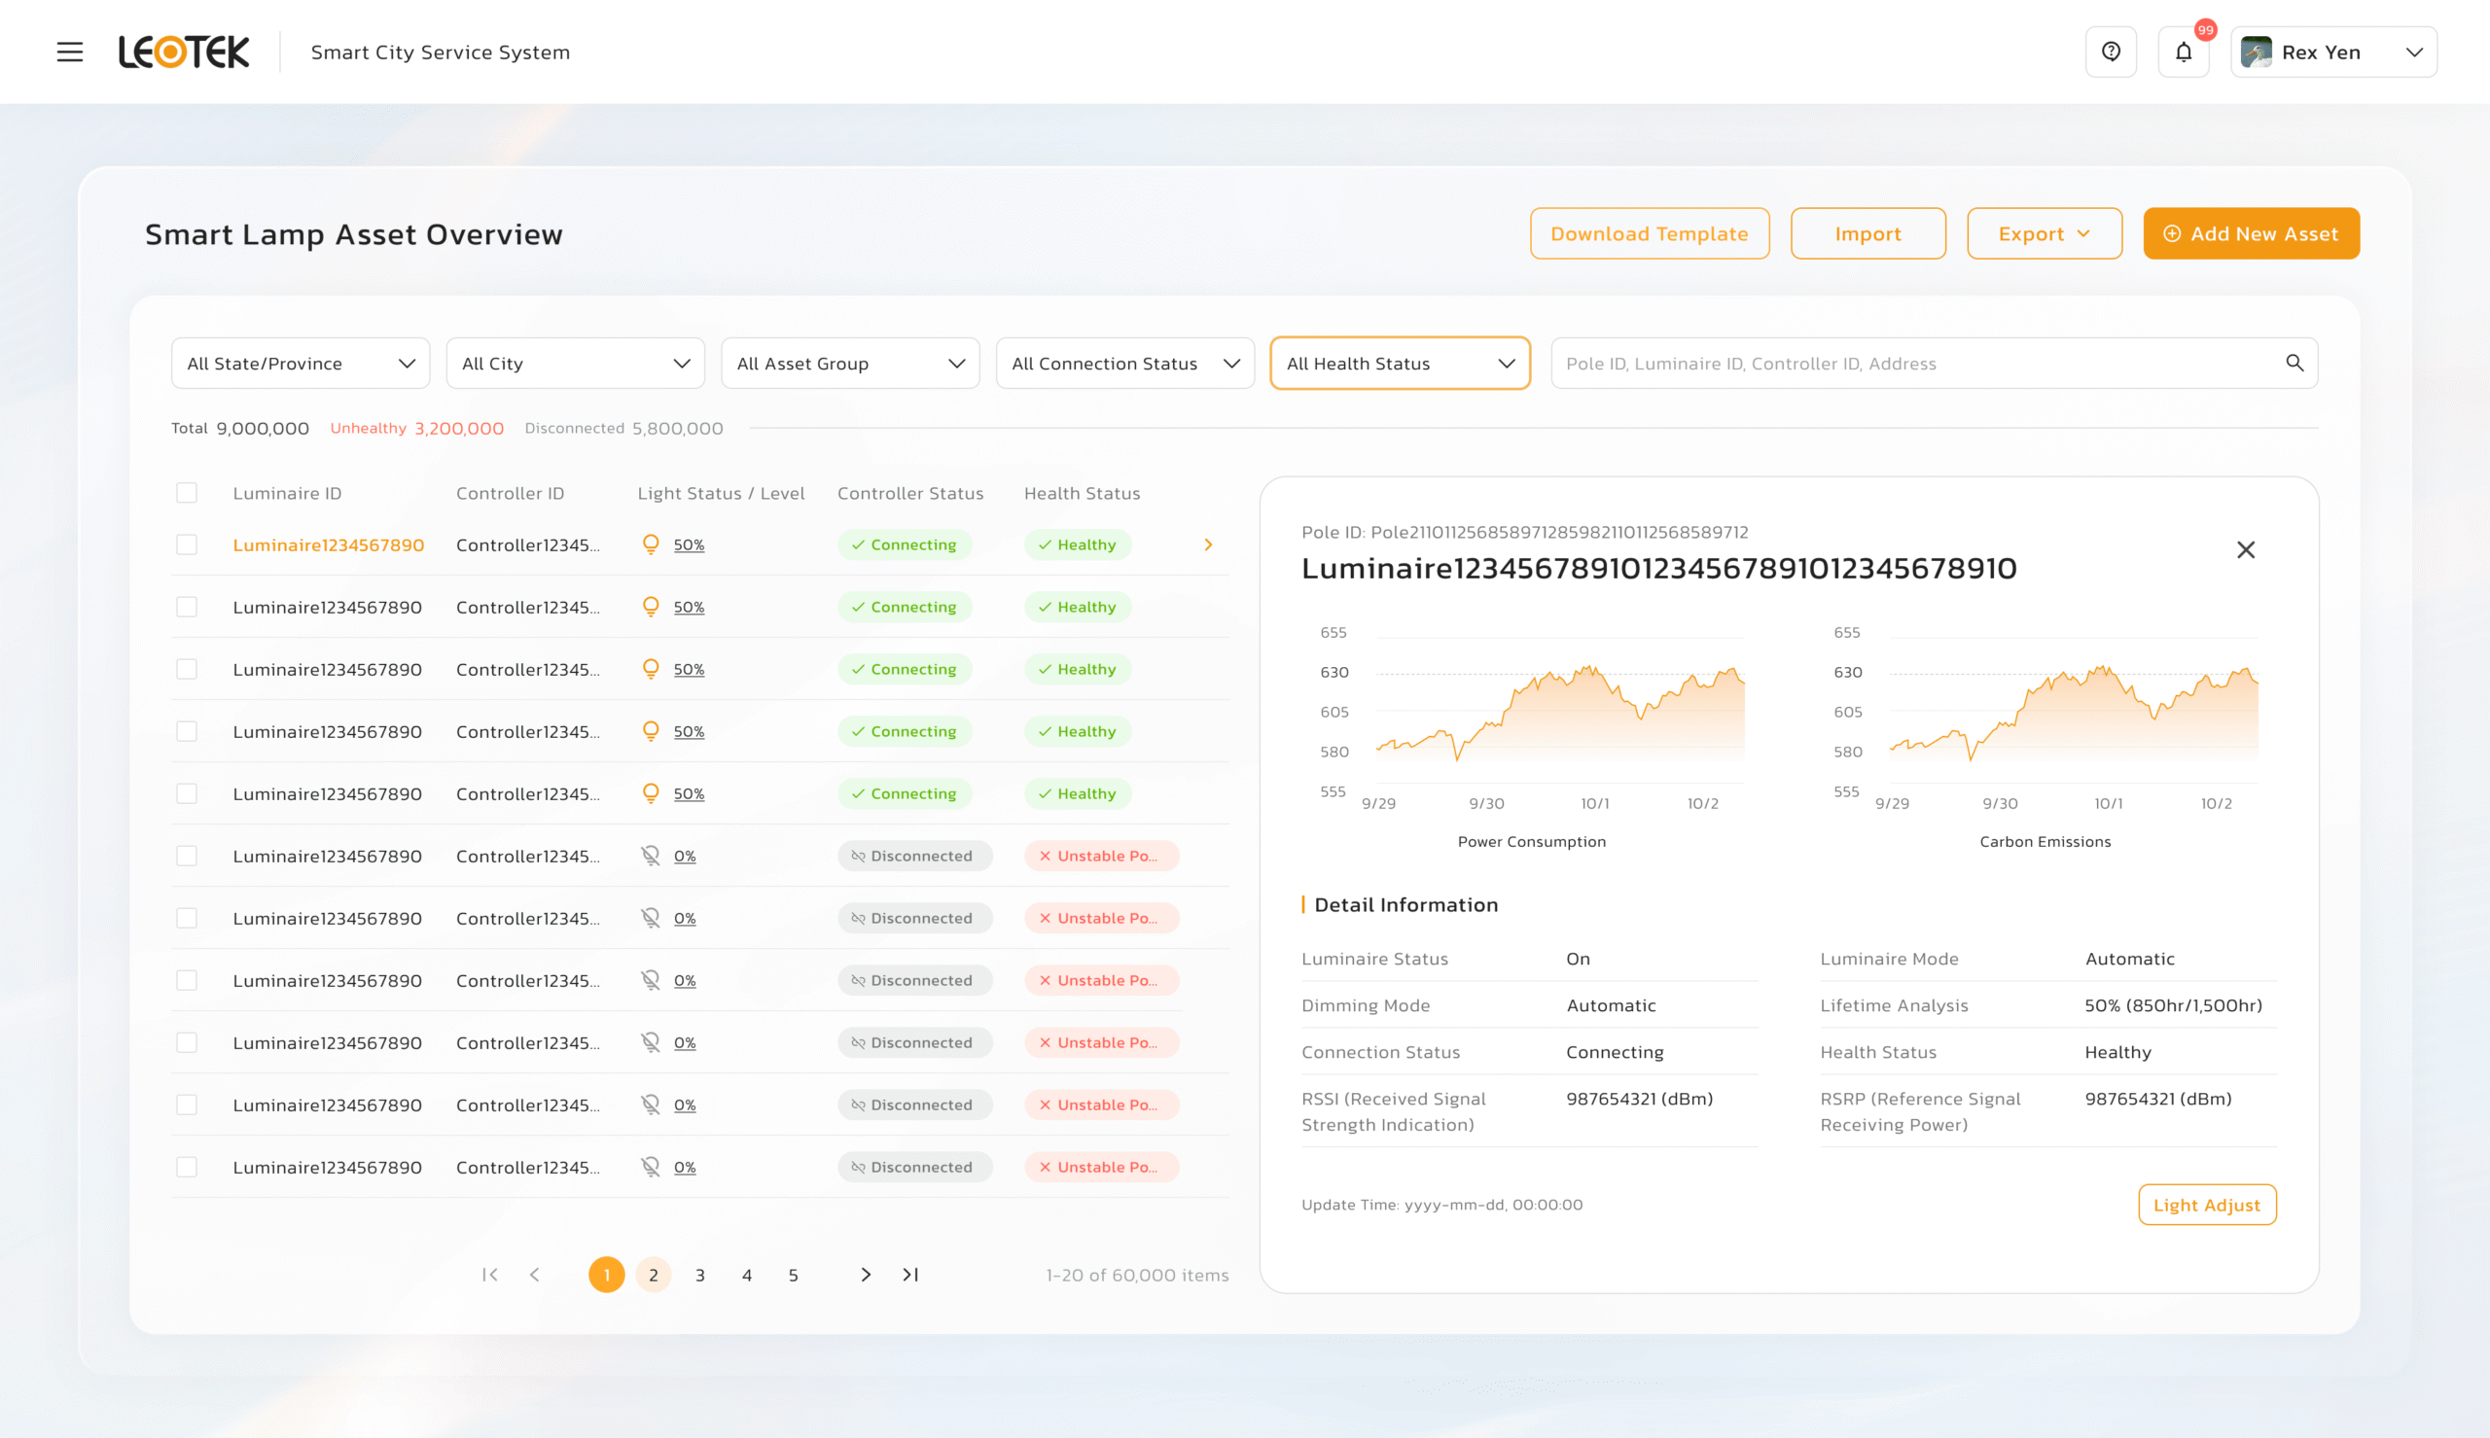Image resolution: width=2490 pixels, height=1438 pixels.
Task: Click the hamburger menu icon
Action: [69, 53]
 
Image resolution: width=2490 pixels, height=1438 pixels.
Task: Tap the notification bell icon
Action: [2183, 53]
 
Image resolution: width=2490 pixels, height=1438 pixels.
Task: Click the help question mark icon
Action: [2111, 53]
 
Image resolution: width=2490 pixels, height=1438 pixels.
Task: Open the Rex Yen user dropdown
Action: [2333, 53]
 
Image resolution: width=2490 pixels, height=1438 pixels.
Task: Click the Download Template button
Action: [1649, 234]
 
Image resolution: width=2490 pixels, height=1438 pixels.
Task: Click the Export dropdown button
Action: [2044, 234]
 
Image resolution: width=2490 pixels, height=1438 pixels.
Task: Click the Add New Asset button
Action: [2250, 234]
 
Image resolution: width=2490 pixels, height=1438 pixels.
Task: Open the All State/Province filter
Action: [301, 364]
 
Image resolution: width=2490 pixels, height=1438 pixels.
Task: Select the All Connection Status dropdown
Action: [1124, 364]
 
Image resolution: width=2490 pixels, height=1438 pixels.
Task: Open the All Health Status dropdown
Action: [1399, 364]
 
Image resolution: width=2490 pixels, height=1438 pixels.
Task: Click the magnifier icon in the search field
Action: [2294, 364]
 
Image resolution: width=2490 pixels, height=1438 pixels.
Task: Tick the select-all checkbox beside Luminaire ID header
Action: [187, 493]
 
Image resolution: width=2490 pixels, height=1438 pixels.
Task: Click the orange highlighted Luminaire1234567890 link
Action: [328, 545]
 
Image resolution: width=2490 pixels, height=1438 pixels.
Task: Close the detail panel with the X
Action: [2245, 550]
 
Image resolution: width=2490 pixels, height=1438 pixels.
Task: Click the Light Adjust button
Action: [2206, 1205]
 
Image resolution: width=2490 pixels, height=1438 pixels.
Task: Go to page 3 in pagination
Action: [699, 1275]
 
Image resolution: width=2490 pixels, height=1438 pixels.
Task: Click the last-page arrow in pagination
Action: [910, 1275]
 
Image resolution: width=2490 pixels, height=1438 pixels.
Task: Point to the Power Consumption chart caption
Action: [1531, 841]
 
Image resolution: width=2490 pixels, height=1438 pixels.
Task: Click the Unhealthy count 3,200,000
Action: [458, 429]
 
